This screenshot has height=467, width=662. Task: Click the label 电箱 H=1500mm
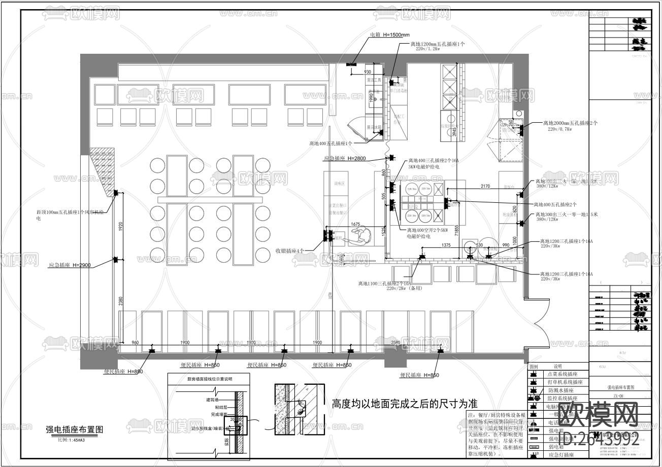click(x=389, y=35)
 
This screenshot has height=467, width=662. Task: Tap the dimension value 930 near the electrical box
click(x=368, y=72)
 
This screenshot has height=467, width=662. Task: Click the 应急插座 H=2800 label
click(x=345, y=159)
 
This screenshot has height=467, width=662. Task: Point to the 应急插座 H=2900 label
click(x=70, y=265)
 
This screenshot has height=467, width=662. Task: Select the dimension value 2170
click(x=485, y=187)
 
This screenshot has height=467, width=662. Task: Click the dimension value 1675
click(x=355, y=224)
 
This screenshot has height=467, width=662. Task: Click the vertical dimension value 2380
click(x=121, y=302)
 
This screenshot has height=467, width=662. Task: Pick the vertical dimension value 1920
click(x=120, y=227)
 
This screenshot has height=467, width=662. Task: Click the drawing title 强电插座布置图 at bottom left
click(x=74, y=429)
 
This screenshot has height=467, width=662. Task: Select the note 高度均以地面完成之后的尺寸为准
click(x=404, y=404)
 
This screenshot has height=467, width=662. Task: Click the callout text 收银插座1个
click(x=290, y=251)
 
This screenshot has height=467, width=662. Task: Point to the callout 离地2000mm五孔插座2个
click(x=570, y=123)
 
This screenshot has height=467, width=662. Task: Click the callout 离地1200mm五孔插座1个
click(x=438, y=44)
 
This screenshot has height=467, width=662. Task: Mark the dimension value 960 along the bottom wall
click(x=135, y=343)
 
